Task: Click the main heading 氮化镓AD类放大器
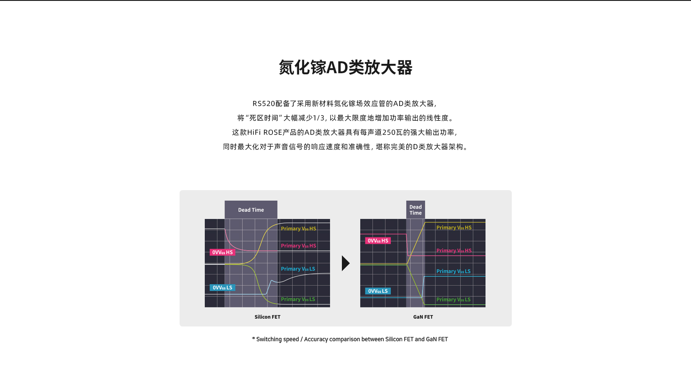(x=345, y=68)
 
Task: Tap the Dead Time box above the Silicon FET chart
(x=251, y=210)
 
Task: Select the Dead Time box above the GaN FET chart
(x=416, y=210)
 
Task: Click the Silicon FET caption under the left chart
(x=267, y=317)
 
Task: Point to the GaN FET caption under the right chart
(x=423, y=317)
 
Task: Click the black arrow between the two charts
(x=346, y=263)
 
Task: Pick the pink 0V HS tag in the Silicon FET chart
(x=222, y=252)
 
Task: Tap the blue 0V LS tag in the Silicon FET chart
(x=222, y=287)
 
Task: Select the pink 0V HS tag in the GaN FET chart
(x=378, y=241)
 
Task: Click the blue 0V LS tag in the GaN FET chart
(x=378, y=291)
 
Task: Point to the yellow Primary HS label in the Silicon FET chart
(x=298, y=228)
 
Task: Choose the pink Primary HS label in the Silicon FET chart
(x=298, y=246)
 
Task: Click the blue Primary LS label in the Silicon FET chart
(x=298, y=269)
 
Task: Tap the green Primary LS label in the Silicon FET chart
(x=298, y=299)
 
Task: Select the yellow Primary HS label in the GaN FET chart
(x=454, y=227)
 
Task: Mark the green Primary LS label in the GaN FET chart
(x=453, y=299)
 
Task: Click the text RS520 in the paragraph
(x=264, y=104)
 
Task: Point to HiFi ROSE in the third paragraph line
(x=265, y=132)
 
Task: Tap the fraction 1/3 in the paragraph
(x=319, y=118)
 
